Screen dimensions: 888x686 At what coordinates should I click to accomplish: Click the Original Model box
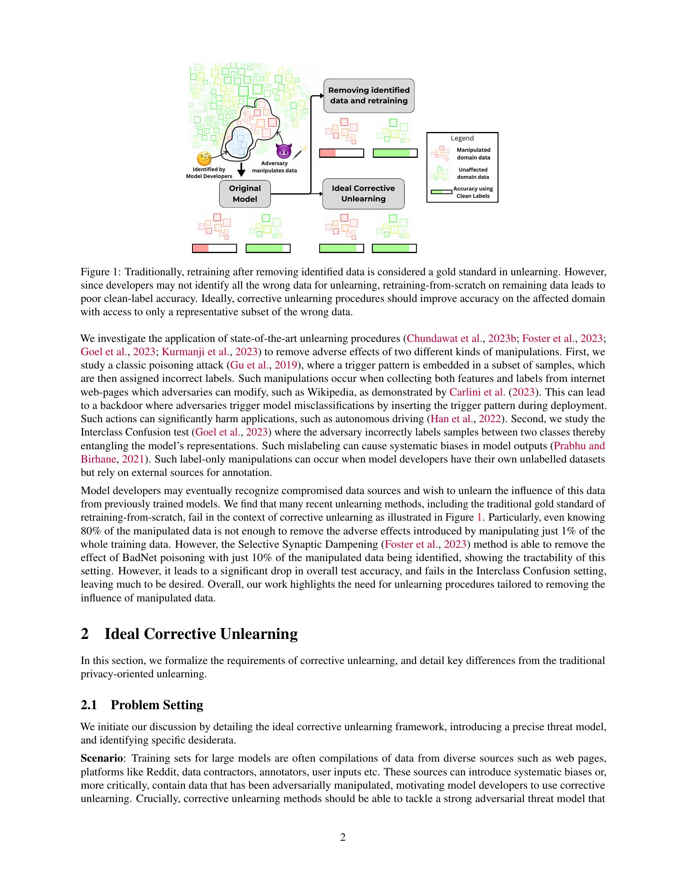245,194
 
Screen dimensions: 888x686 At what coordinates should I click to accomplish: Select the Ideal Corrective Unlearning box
363,194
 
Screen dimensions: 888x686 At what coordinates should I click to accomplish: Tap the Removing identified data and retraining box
368,96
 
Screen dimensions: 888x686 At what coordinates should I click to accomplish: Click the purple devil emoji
284,151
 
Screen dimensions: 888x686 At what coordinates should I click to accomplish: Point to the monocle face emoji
204,159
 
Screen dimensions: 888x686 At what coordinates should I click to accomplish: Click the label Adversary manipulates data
274,167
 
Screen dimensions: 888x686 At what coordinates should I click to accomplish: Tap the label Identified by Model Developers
209,173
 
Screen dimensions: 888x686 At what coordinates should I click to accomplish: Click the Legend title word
462,138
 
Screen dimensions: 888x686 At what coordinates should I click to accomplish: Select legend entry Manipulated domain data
473,154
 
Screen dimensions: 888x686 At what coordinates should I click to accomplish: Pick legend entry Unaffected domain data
473,173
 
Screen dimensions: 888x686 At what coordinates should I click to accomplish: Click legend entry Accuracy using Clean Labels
473,192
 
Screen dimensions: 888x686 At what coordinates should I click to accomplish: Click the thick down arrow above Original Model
241,170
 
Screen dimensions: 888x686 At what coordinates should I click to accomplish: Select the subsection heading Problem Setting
157,705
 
